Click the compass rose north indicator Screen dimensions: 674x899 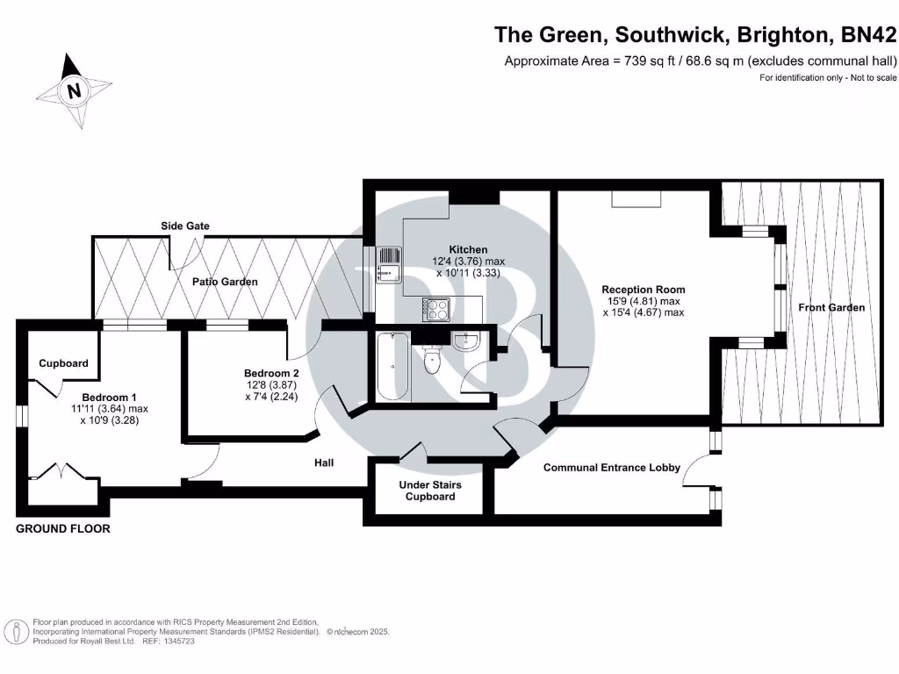[74, 90]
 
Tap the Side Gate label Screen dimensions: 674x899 [184, 226]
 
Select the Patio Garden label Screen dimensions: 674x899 [226, 282]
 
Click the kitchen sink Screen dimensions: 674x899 [387, 265]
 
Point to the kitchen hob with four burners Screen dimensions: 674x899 [436, 308]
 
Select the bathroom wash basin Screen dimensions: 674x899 [467, 341]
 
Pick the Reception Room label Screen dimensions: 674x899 [643, 289]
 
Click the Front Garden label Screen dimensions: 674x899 [831, 307]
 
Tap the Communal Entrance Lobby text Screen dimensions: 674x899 [611, 468]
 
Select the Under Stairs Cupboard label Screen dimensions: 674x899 [430, 491]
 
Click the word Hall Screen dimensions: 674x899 [325, 462]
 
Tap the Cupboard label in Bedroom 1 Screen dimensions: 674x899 [63, 363]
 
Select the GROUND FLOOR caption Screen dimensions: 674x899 [63, 529]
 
